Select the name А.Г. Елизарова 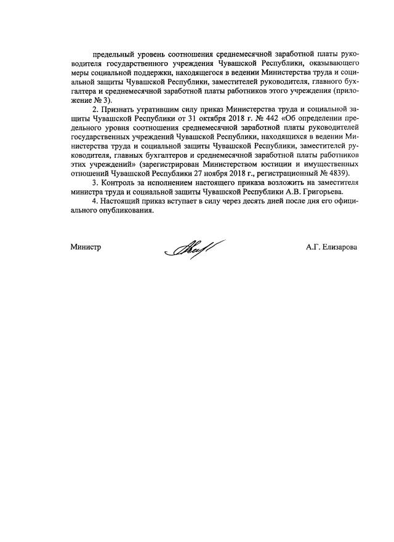(x=331, y=248)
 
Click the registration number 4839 (x=337, y=174)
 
